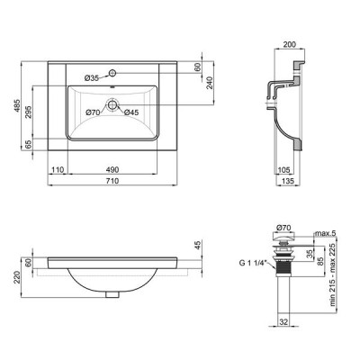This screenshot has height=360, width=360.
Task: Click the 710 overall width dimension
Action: [112, 181]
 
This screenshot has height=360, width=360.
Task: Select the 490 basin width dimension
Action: [112, 170]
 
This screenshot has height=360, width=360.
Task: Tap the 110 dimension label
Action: [58, 170]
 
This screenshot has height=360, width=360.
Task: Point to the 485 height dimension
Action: [17, 106]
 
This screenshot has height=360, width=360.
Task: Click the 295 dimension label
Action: [29, 112]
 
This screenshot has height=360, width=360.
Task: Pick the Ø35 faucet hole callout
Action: [92, 78]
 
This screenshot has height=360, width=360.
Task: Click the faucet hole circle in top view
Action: [112, 73]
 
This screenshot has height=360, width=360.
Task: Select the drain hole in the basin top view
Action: [112, 104]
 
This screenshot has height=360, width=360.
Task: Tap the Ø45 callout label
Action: [131, 112]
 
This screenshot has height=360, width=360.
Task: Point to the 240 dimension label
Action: [210, 83]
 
